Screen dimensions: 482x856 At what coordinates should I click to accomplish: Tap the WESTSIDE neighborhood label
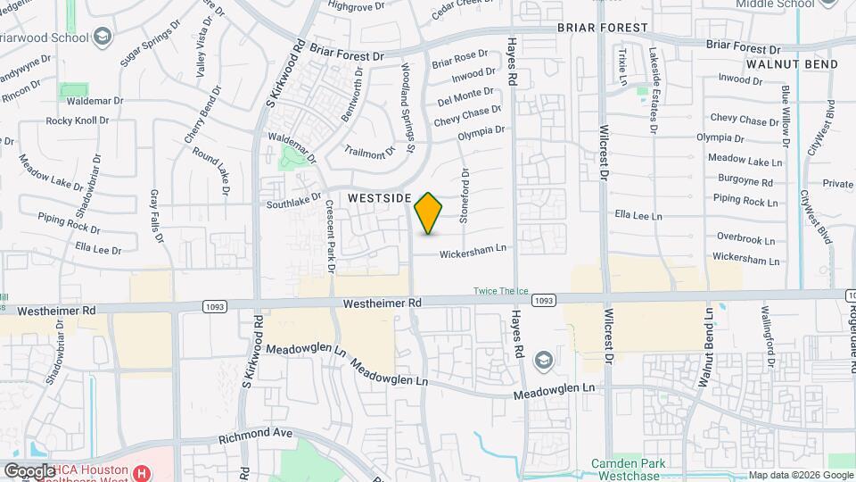click(x=378, y=196)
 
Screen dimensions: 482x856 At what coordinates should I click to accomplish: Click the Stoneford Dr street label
click(x=464, y=195)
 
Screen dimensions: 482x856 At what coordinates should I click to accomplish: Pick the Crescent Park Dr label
click(x=329, y=237)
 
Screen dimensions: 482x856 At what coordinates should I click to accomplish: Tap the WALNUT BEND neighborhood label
click(x=792, y=64)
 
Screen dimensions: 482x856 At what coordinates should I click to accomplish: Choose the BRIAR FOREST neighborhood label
click(x=602, y=28)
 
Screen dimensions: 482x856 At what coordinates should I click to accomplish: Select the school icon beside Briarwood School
click(x=103, y=37)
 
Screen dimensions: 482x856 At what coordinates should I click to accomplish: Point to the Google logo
click(x=29, y=470)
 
